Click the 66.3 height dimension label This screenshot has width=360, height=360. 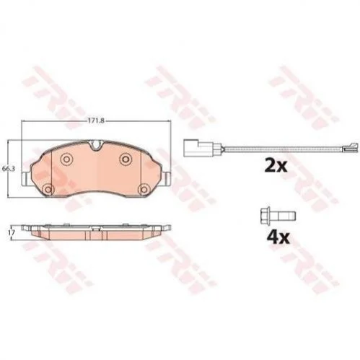point(9,169)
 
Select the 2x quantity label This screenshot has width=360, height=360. point(276,166)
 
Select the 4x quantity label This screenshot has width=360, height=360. point(278,237)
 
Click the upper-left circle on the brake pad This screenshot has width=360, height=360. point(66,159)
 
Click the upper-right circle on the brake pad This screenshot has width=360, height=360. point(126,159)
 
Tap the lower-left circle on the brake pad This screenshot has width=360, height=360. point(48,190)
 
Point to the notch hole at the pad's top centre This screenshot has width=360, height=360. point(95,145)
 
